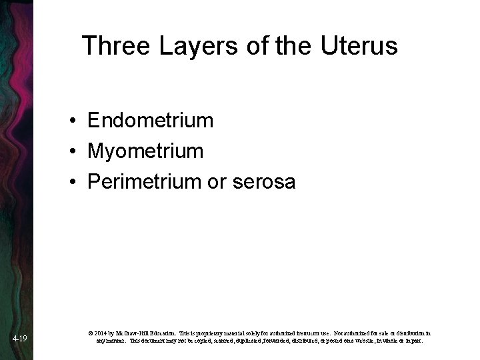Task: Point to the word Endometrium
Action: (x=150, y=121)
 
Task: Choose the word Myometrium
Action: (x=145, y=151)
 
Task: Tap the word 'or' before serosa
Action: (x=218, y=182)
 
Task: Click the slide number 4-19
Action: (x=19, y=339)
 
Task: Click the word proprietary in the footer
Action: (x=214, y=332)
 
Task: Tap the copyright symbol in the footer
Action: (x=90, y=332)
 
